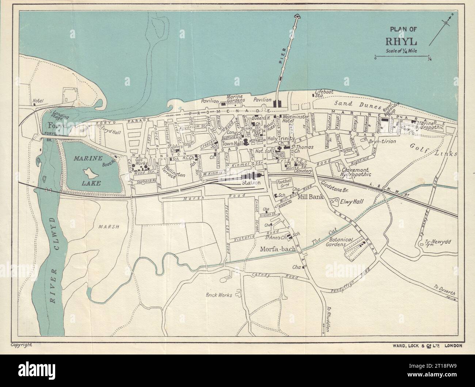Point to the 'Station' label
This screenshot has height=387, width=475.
250,183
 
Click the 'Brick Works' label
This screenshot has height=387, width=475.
219,295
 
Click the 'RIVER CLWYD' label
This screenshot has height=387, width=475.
56,260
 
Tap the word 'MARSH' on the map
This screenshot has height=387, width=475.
109,227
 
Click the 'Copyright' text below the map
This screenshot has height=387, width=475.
22,344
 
